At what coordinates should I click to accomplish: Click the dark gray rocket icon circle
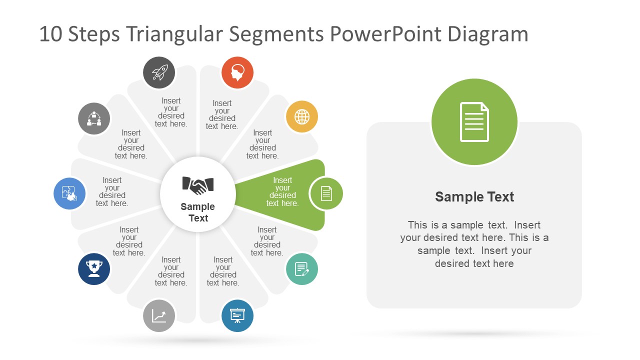(159, 72)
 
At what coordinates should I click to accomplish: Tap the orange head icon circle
(237, 72)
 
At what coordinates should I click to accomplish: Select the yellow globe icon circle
(302, 117)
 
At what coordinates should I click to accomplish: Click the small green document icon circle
(326, 193)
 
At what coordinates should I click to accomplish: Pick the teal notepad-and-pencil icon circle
(302, 269)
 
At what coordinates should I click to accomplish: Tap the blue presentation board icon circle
(237, 315)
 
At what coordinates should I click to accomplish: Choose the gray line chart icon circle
(159, 315)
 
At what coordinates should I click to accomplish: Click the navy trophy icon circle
(94, 269)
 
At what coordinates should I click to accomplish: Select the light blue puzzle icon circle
(69, 193)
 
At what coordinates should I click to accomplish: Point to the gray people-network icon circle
(94, 119)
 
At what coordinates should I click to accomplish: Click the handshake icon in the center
(198, 185)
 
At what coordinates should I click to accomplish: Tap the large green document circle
(474, 122)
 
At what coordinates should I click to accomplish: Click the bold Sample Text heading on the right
(474, 197)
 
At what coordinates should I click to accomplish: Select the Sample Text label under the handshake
(198, 212)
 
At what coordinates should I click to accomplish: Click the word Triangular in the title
(175, 34)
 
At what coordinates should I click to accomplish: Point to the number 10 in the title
(50, 34)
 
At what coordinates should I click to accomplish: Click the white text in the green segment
(282, 192)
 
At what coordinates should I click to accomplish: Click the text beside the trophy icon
(129, 241)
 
